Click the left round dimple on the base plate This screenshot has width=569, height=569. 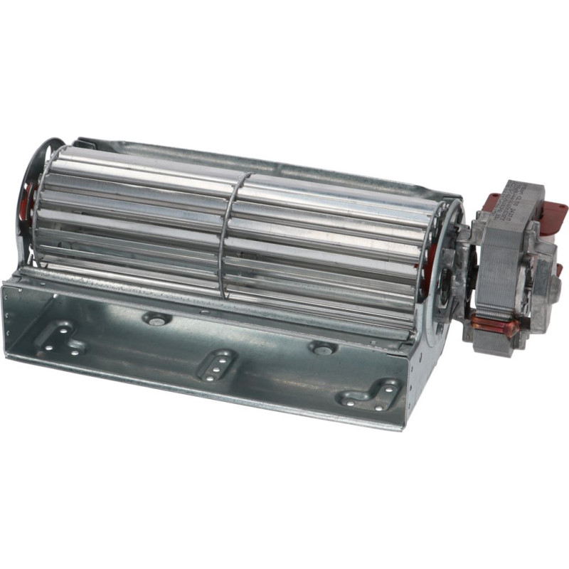(156, 319)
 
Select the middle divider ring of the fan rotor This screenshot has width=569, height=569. (232, 235)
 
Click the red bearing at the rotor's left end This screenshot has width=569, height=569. (31, 199)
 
